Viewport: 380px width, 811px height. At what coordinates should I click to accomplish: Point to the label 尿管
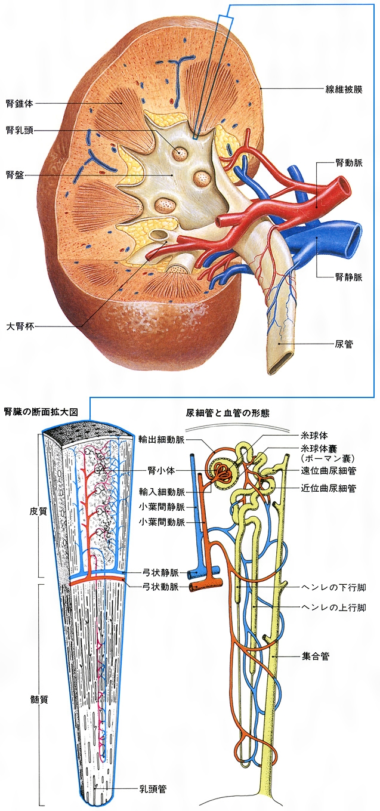click(x=344, y=344)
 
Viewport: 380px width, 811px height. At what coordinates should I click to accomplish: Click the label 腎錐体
click(x=18, y=103)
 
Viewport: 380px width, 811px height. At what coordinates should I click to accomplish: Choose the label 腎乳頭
click(x=18, y=130)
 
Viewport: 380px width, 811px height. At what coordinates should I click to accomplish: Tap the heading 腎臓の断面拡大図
click(x=41, y=412)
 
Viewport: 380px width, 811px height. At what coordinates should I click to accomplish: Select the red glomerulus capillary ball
click(x=225, y=470)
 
